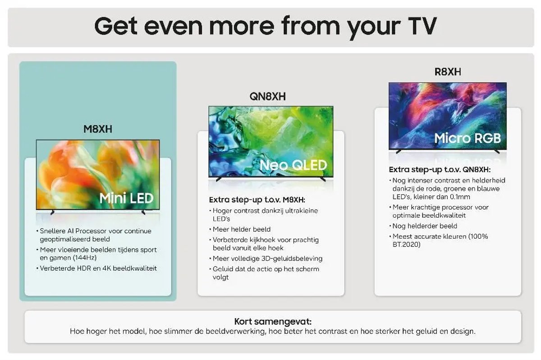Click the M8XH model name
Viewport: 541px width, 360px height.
tap(98, 129)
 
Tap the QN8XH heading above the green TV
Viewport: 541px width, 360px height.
tap(268, 96)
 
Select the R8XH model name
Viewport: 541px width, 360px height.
tap(448, 72)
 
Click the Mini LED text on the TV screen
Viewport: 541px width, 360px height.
tap(126, 198)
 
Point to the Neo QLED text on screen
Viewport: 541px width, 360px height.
tap(293, 165)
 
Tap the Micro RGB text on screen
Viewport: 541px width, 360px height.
tap(468, 138)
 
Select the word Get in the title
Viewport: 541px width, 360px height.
tap(116, 26)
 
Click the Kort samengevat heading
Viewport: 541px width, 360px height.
tap(273, 321)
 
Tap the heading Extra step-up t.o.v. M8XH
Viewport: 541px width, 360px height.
tap(257, 200)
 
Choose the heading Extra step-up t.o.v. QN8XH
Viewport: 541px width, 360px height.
tap(440, 170)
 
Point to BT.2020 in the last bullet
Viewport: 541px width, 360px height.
tap(407, 245)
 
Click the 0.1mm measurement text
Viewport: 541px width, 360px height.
tap(460, 197)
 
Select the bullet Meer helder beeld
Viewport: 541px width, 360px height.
tap(241, 229)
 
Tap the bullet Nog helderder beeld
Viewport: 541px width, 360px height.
tap(425, 226)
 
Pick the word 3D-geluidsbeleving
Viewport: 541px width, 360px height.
tap(292, 259)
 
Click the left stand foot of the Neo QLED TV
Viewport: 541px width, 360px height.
tap(219, 179)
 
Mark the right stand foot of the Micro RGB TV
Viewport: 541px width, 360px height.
tap(496, 152)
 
